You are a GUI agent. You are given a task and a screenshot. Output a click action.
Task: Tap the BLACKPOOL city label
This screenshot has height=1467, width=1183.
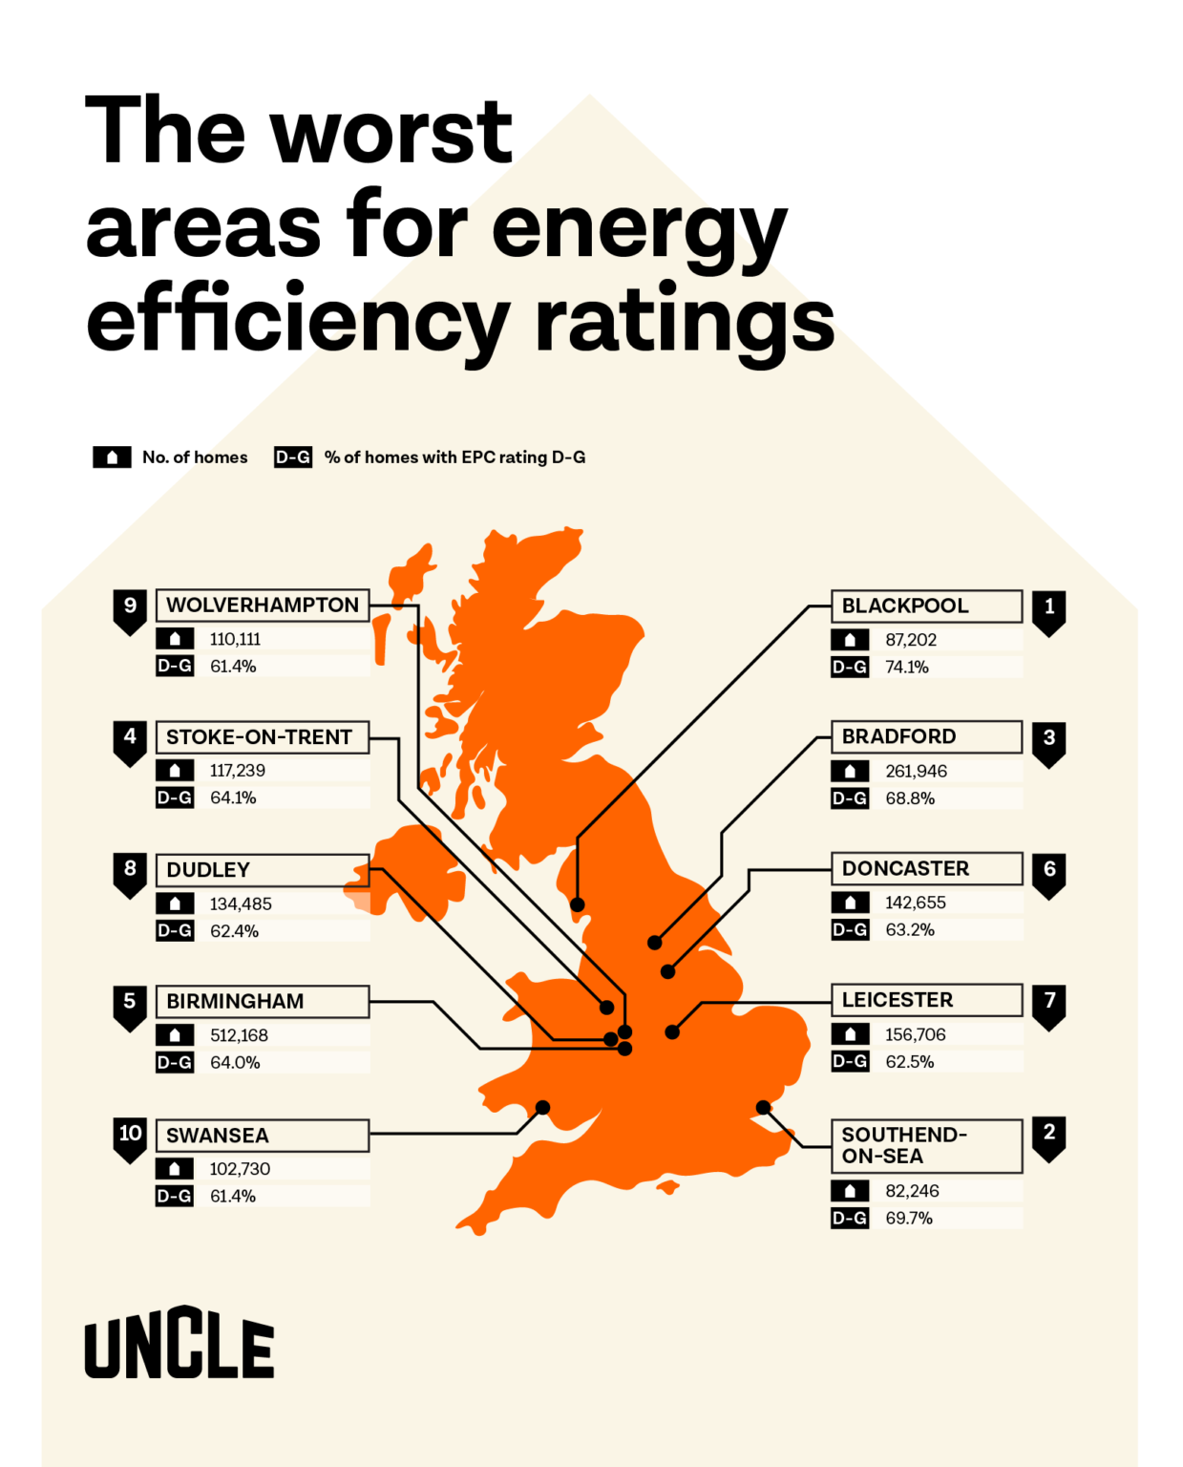(x=904, y=606)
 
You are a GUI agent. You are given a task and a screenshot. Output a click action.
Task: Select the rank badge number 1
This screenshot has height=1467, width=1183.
(x=1048, y=609)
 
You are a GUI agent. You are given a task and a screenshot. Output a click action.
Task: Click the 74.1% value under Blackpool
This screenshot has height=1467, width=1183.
(x=906, y=667)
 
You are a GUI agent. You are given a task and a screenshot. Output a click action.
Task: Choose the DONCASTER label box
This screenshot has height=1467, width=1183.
(x=924, y=868)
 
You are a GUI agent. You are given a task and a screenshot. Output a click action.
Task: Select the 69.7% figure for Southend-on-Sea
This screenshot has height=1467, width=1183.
(x=908, y=1218)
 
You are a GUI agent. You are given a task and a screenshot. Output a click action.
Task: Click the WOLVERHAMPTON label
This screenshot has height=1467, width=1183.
(x=262, y=605)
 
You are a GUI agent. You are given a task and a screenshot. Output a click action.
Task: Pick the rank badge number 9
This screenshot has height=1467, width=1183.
(x=130, y=608)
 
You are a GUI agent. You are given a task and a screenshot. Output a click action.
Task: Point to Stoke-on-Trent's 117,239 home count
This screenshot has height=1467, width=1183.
(x=237, y=770)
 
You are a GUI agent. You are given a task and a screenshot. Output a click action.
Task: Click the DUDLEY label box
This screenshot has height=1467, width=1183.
(x=262, y=869)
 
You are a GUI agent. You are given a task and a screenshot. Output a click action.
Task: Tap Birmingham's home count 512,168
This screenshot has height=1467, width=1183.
(x=239, y=1035)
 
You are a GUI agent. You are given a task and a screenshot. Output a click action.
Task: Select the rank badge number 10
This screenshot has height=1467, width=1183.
(x=130, y=1137)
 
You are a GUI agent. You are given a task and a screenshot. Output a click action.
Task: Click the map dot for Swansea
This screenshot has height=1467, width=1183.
(x=542, y=1108)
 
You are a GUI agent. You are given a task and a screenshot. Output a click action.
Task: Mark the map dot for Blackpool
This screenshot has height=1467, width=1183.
(x=577, y=904)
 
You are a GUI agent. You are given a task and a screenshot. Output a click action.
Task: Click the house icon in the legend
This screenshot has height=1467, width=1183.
(x=112, y=457)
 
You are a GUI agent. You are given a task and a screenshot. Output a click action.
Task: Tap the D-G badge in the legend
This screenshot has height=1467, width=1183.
(x=292, y=457)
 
